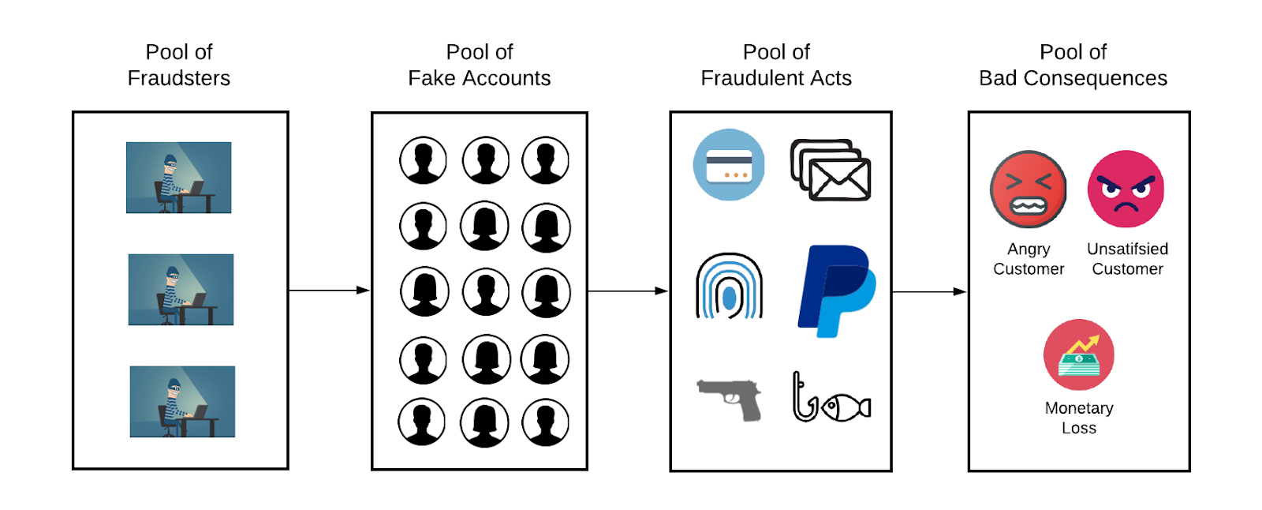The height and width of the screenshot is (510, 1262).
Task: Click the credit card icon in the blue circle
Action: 728,164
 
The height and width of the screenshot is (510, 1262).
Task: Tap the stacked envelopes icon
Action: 831,171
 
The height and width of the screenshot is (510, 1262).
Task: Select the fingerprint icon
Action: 729,286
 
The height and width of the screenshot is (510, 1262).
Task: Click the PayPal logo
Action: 836,291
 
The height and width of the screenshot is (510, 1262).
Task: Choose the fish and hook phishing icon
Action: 831,399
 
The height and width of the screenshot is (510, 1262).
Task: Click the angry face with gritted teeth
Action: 1028,189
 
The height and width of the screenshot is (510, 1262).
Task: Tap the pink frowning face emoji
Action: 1126,189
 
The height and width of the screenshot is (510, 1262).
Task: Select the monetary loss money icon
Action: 1078,354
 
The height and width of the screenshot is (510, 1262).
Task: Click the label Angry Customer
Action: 1028,259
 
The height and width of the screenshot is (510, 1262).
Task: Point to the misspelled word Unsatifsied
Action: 1127,249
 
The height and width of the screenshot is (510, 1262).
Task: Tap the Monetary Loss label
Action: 1078,418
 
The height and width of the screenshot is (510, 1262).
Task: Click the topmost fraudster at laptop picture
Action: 179,178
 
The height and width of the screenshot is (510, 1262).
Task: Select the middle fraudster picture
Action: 181,290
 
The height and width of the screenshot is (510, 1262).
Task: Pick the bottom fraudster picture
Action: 182,401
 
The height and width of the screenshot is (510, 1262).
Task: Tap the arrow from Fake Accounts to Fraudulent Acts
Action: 628,291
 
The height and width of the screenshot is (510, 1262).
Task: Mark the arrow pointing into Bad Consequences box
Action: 929,292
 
